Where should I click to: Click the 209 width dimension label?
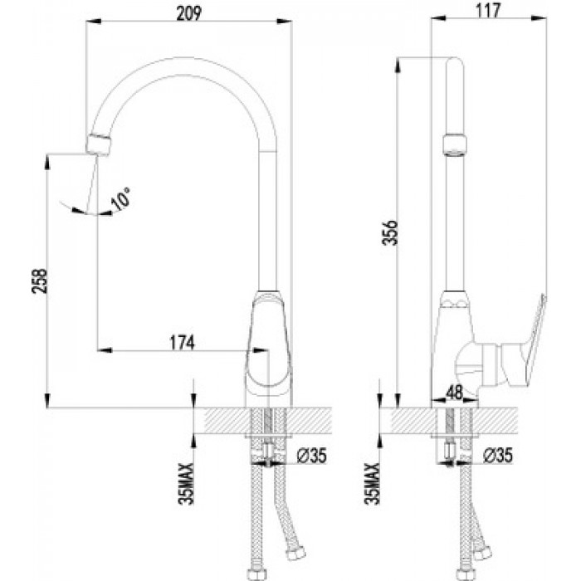[x=189, y=14]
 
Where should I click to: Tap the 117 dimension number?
[x=488, y=11]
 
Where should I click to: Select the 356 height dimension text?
[x=390, y=232]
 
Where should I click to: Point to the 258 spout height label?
[x=39, y=281]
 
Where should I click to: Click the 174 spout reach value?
[x=182, y=343]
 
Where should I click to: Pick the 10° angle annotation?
[x=121, y=199]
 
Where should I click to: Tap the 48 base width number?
[x=454, y=393]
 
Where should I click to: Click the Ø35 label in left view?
[x=312, y=456]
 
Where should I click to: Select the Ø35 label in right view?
[x=498, y=456]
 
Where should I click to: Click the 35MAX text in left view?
[x=187, y=484]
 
